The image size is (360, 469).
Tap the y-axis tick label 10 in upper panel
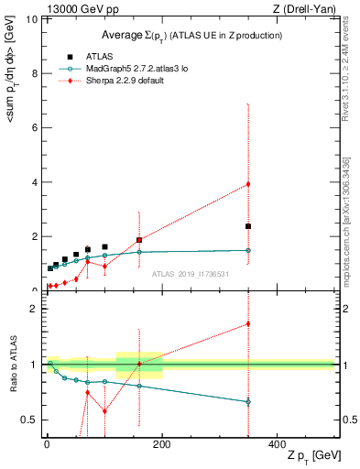pos(34,19)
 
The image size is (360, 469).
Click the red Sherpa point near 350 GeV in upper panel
pos(248,184)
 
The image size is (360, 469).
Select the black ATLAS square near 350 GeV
pos(248,226)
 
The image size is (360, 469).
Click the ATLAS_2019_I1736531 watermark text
pos(191,274)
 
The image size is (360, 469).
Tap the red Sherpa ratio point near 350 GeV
pos(248,323)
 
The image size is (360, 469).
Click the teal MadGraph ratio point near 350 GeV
pos(248,401)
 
